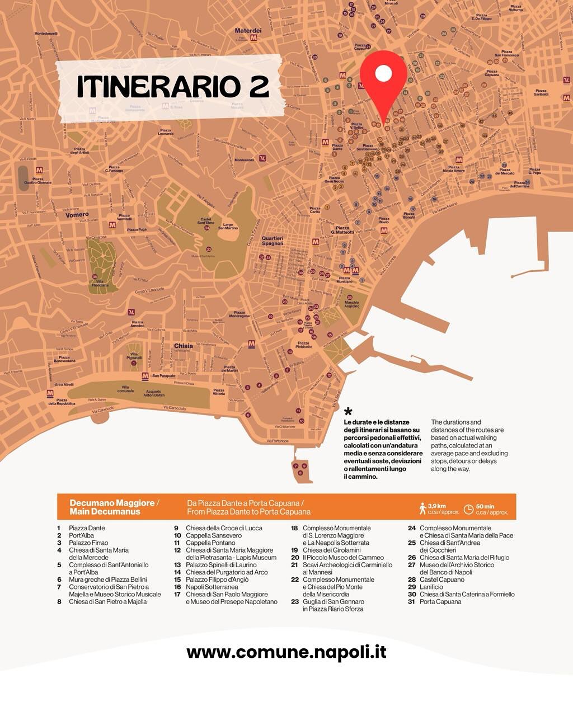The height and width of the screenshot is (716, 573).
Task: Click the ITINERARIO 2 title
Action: tap(173, 86)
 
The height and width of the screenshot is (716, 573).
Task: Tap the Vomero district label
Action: tap(77, 215)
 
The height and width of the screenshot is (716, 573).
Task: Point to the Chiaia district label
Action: tap(183, 346)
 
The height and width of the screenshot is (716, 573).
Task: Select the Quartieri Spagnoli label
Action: tap(273, 241)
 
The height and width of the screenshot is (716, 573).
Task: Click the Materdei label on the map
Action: tap(248, 31)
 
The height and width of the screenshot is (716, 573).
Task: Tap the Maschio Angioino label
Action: tap(352, 305)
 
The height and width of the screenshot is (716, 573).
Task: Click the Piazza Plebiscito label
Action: tap(303, 345)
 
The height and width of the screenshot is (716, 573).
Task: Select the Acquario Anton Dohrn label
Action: tap(154, 394)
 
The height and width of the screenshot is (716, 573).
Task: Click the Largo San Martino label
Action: tap(228, 227)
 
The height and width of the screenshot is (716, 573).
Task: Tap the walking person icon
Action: tap(422, 508)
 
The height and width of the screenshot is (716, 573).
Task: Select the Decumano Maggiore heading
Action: tap(114, 507)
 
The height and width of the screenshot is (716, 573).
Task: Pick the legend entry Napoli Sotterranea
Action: tap(212, 587)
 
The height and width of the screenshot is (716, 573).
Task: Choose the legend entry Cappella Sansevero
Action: tap(213, 535)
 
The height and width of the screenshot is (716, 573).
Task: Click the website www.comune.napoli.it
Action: tap(286, 652)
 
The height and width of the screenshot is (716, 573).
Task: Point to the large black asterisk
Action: tap(348, 413)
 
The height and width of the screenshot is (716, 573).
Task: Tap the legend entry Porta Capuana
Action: tap(440, 602)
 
